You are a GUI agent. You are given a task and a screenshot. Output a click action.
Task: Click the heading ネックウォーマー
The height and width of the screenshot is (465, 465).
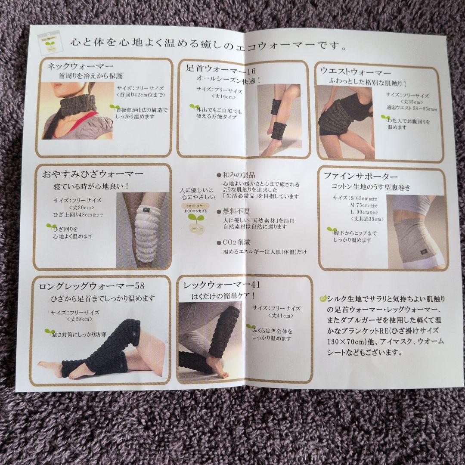(x=81, y=66)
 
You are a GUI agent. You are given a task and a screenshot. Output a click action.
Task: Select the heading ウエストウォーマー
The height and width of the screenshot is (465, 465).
(x=356, y=71)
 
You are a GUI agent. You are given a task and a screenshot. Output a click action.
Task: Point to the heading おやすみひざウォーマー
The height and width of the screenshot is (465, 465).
(x=93, y=175)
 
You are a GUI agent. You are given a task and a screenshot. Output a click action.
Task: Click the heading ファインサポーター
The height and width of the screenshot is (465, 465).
(x=361, y=177)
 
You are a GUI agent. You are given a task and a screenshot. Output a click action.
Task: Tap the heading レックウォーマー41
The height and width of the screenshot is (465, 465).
(x=221, y=285)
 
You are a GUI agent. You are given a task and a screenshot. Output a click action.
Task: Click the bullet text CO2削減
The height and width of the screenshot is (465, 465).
(x=236, y=242)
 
